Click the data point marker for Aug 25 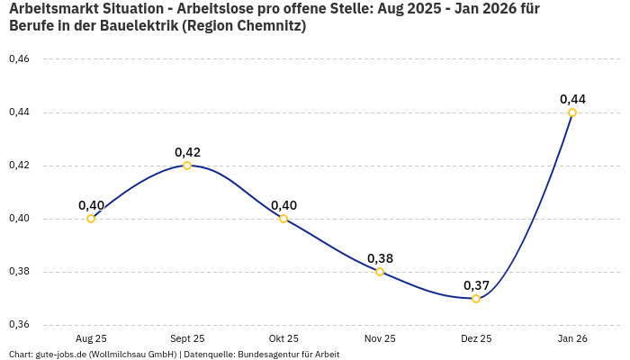(91, 219)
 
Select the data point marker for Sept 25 (187, 166)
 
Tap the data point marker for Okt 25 (283, 219)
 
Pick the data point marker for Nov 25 (380, 272)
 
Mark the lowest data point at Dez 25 (476, 299)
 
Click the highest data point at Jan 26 (572, 112)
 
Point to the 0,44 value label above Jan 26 (572, 99)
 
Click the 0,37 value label (476, 285)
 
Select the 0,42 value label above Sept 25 (187, 152)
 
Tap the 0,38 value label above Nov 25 (380, 258)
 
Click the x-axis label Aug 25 (91, 338)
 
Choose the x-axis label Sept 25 (187, 338)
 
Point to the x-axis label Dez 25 (476, 338)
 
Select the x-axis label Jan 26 (572, 338)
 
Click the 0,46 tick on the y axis (19, 59)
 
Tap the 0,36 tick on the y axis (19, 325)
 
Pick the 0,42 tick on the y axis (19, 166)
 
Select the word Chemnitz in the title (267, 26)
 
